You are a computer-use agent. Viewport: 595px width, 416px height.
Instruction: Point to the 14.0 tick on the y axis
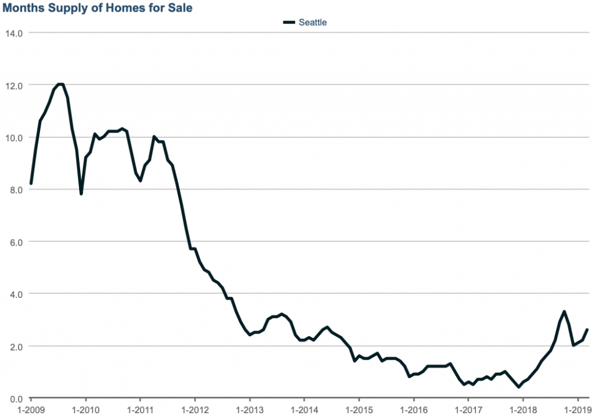pos(13,33)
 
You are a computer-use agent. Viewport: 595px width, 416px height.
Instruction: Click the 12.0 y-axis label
pos(13,85)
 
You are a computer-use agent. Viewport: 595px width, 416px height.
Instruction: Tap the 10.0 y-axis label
pos(13,137)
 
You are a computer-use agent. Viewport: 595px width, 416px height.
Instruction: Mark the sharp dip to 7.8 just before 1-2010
pos(81,194)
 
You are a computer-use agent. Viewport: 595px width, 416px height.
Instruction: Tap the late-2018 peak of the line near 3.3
pos(564,312)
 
